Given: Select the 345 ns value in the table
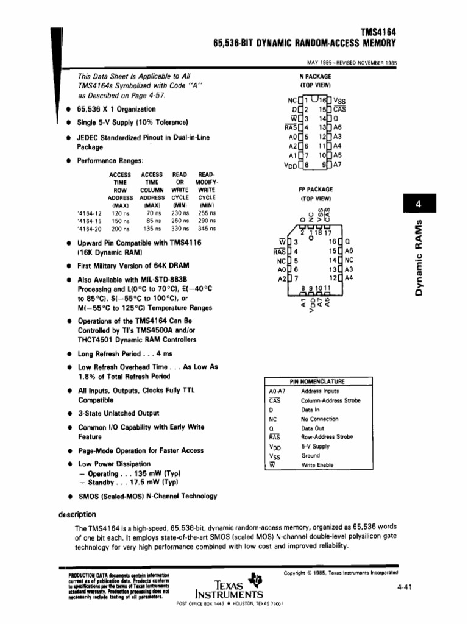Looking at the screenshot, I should pyautogui.click(x=207, y=229).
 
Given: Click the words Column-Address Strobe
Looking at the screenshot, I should pyautogui.click(x=330, y=400).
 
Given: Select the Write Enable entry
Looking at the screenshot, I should pyautogui.click(x=317, y=464).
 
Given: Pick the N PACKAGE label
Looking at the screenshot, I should pyautogui.click(x=315, y=77).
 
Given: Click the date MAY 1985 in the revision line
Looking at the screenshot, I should pyautogui.click(x=320, y=62).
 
